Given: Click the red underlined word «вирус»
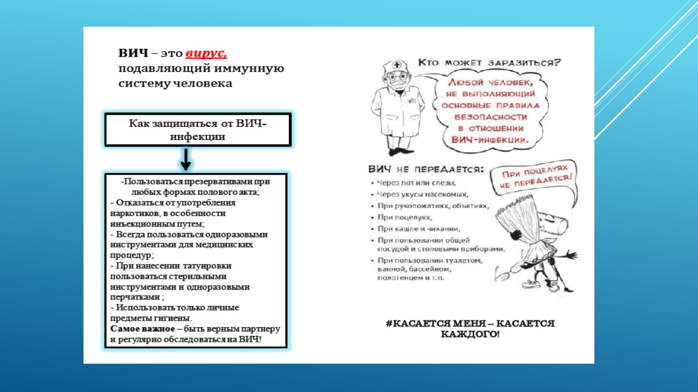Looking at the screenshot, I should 206,54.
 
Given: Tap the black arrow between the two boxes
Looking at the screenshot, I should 185,160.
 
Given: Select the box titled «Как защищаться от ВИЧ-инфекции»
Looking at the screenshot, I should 197,130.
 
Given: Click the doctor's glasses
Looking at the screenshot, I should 399,77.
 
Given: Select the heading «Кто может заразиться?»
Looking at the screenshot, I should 489,62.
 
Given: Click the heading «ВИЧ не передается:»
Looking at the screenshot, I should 426,169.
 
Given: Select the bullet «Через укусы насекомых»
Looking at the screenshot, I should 423,194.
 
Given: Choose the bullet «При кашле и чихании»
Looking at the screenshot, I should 419,229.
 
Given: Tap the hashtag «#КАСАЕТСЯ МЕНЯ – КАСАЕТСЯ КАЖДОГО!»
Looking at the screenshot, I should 470,328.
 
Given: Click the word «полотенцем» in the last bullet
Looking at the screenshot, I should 396,278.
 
